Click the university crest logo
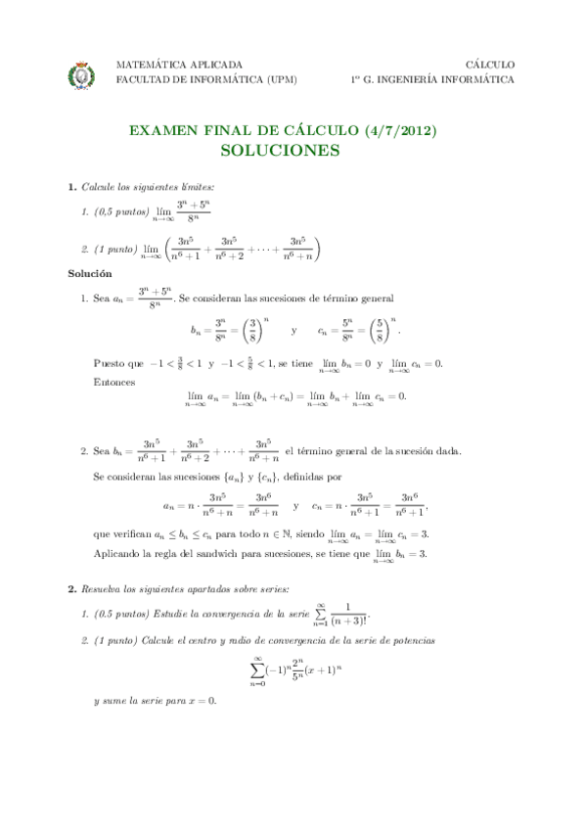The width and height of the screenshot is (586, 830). pyautogui.click(x=80, y=73)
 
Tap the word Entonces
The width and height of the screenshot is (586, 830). pyautogui.click(x=113, y=382)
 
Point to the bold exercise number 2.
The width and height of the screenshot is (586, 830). pyautogui.click(x=70, y=590)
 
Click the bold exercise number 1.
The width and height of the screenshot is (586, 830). pyautogui.click(x=70, y=186)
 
